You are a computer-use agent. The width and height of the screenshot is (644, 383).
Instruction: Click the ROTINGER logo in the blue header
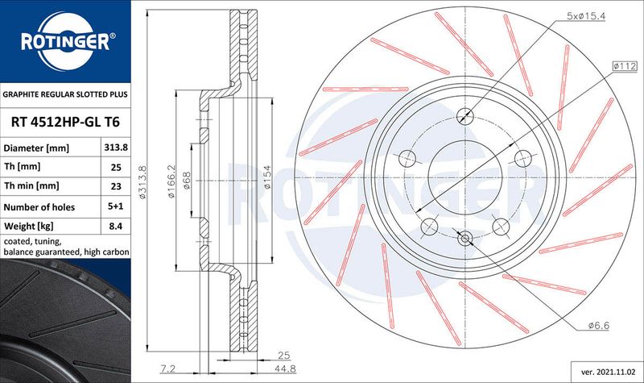(66, 41)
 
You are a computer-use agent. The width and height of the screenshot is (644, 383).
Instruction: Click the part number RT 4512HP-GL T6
(65, 123)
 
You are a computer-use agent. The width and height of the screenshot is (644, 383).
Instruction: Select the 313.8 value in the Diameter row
(116, 148)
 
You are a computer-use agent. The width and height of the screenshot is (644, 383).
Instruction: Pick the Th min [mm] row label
(31, 186)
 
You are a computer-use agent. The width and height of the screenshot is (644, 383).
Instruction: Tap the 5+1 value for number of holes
(116, 206)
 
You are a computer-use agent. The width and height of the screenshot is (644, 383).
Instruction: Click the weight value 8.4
(116, 226)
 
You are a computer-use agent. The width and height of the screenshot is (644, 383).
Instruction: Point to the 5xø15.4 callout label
(586, 16)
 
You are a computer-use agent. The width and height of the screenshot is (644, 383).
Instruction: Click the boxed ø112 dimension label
(625, 66)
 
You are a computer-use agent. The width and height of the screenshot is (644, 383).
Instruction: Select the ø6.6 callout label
(599, 326)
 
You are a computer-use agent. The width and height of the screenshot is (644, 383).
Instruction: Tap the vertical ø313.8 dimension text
(143, 181)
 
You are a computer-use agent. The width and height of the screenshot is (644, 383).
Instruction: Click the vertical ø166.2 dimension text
(171, 181)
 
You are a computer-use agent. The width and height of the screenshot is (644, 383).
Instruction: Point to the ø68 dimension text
(187, 181)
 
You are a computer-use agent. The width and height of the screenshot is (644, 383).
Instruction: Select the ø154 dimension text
(267, 177)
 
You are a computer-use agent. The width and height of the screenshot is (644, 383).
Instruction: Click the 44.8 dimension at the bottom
(285, 368)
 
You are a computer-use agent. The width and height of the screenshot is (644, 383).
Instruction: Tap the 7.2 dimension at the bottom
(167, 368)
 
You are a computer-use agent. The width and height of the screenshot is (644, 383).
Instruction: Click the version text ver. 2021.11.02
(607, 372)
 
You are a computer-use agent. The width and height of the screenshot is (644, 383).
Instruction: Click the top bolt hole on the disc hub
(465, 115)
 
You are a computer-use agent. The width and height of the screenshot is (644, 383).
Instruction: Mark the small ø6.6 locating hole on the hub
(465, 238)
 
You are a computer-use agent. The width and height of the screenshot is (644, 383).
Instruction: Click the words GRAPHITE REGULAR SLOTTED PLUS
(65, 94)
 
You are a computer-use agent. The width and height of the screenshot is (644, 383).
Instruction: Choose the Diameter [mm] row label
(36, 148)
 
